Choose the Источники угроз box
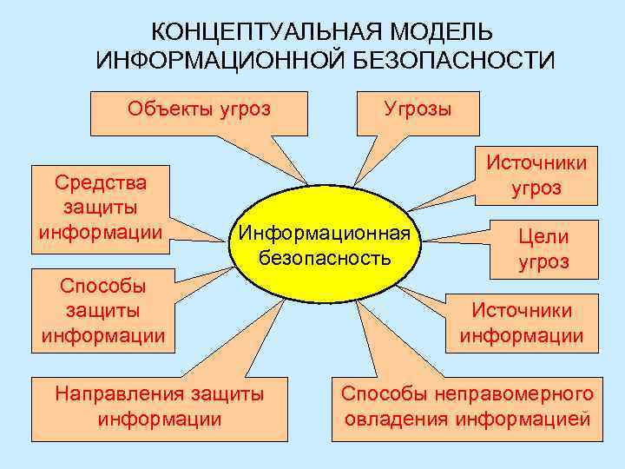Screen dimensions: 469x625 point(536,175)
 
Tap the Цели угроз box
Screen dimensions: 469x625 point(543,248)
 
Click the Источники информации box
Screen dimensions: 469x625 point(521,322)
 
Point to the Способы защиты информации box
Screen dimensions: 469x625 point(100,310)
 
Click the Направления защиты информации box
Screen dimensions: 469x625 point(160,406)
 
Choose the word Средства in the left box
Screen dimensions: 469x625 point(100,182)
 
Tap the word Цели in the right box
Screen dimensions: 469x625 point(543,236)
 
